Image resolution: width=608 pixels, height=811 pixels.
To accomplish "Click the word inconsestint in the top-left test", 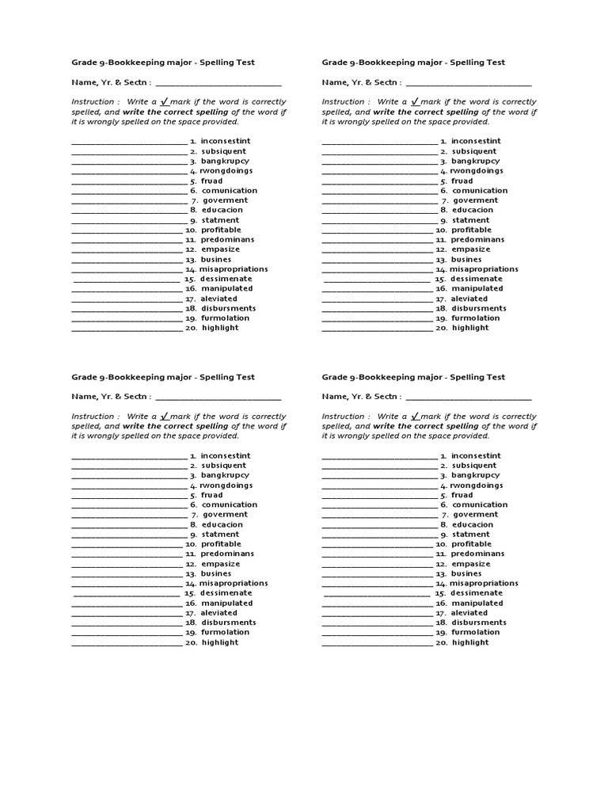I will (226, 141).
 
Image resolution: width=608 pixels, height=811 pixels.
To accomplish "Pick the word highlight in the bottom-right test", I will (470, 642).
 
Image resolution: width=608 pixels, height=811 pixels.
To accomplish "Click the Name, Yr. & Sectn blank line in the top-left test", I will (218, 83).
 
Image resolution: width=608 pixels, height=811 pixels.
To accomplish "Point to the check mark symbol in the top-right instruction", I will (414, 101).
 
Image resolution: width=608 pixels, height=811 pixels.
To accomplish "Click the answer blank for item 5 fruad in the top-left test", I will (128, 181).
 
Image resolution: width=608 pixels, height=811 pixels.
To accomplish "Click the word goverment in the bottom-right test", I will (475, 515).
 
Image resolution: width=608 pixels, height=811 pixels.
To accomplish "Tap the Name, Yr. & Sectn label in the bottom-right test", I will (360, 397).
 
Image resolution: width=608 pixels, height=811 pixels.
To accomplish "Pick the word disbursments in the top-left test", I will (228, 308).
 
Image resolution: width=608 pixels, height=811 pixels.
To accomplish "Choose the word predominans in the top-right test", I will (477, 239).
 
